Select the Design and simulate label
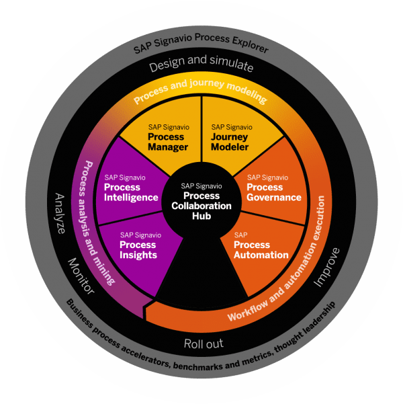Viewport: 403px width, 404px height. pos(201,67)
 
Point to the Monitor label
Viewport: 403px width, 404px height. pos(81,275)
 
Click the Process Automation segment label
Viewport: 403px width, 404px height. pos(261,249)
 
